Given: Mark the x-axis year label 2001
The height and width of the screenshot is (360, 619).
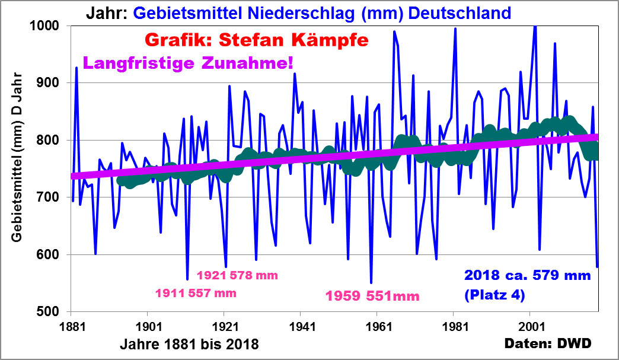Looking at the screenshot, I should (530, 326).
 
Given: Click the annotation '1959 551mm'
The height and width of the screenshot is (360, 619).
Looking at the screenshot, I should (373, 296).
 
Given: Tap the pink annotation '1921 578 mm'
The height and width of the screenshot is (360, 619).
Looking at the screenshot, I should (237, 275).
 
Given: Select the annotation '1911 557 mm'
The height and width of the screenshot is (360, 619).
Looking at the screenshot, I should (196, 292).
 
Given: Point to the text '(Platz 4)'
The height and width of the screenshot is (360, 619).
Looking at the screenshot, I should (495, 294).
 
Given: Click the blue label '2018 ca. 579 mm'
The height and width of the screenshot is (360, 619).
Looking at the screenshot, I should (528, 276).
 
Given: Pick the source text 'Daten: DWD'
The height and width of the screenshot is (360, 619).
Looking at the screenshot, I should (548, 343).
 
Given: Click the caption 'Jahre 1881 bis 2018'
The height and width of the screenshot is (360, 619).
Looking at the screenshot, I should (189, 344).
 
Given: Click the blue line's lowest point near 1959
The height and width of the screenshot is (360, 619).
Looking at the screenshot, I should (371, 283).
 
